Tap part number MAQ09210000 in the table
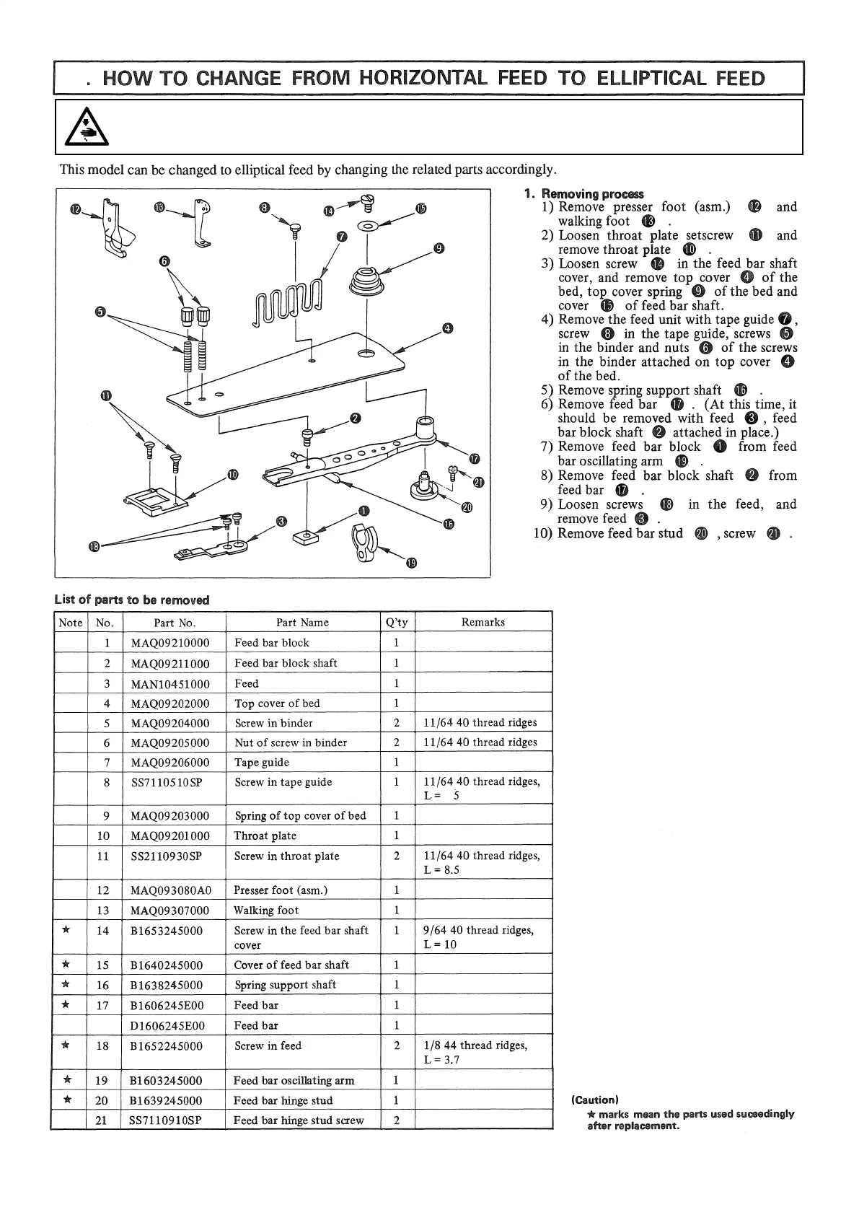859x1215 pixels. pos(170,643)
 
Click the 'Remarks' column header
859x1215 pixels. pos(483,622)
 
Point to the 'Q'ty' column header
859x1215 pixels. pos(397,622)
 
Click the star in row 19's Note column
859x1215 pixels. pos(67,1079)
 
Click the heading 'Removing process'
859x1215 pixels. pos(592,193)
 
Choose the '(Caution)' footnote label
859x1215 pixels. pos(595,1100)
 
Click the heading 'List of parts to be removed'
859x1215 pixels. pos(132,600)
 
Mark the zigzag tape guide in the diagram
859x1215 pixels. pos(286,299)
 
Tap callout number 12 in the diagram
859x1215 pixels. pos(76,209)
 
